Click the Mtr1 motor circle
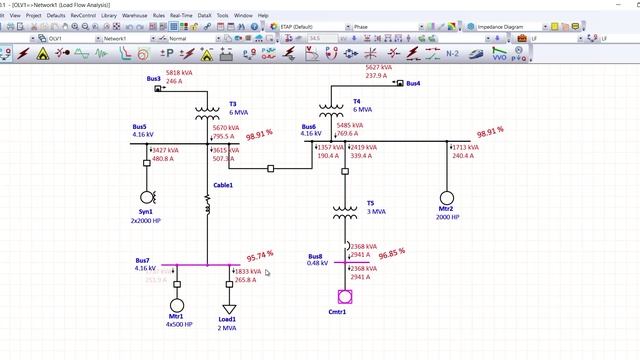point(177,305)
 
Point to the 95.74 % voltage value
point(260,256)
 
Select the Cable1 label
point(223,185)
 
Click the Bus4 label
point(413,84)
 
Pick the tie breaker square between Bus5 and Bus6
point(271,169)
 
